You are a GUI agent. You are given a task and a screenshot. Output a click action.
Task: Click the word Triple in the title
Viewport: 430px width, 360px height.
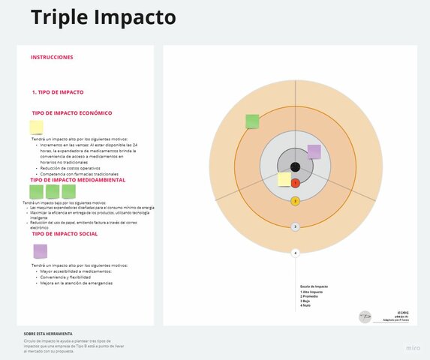coord(56,17)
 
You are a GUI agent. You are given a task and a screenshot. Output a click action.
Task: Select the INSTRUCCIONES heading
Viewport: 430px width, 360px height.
coord(52,57)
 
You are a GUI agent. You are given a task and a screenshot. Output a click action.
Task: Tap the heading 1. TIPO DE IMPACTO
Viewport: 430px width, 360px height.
coord(58,92)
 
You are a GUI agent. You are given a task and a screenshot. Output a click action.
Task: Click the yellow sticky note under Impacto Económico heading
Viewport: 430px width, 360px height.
coord(36,127)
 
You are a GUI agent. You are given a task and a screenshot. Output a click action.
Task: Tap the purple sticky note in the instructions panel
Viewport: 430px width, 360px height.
coord(40,251)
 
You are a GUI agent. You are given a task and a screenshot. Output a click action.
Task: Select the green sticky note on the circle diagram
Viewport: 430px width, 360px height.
coord(252,121)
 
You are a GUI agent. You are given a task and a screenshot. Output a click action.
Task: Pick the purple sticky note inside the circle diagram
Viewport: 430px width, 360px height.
coord(314,151)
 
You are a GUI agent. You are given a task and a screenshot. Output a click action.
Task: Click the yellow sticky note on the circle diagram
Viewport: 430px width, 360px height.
coord(284,179)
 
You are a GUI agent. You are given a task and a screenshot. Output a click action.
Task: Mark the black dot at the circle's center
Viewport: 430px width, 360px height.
coord(295,166)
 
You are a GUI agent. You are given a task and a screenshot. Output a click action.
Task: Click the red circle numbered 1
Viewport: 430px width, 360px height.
coord(295,183)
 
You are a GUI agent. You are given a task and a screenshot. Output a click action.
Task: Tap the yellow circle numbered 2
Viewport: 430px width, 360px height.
coord(295,201)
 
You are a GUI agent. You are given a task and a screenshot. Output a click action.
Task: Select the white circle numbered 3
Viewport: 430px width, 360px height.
coord(295,226)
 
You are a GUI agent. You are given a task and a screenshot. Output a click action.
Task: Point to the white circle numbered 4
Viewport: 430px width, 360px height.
coord(295,253)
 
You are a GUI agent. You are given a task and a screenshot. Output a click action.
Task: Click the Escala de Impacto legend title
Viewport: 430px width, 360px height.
coord(314,286)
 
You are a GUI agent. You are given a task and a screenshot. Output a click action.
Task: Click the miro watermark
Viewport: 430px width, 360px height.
coord(413,348)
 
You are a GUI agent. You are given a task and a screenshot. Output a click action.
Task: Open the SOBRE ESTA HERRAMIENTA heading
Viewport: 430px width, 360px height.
coord(48,334)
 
